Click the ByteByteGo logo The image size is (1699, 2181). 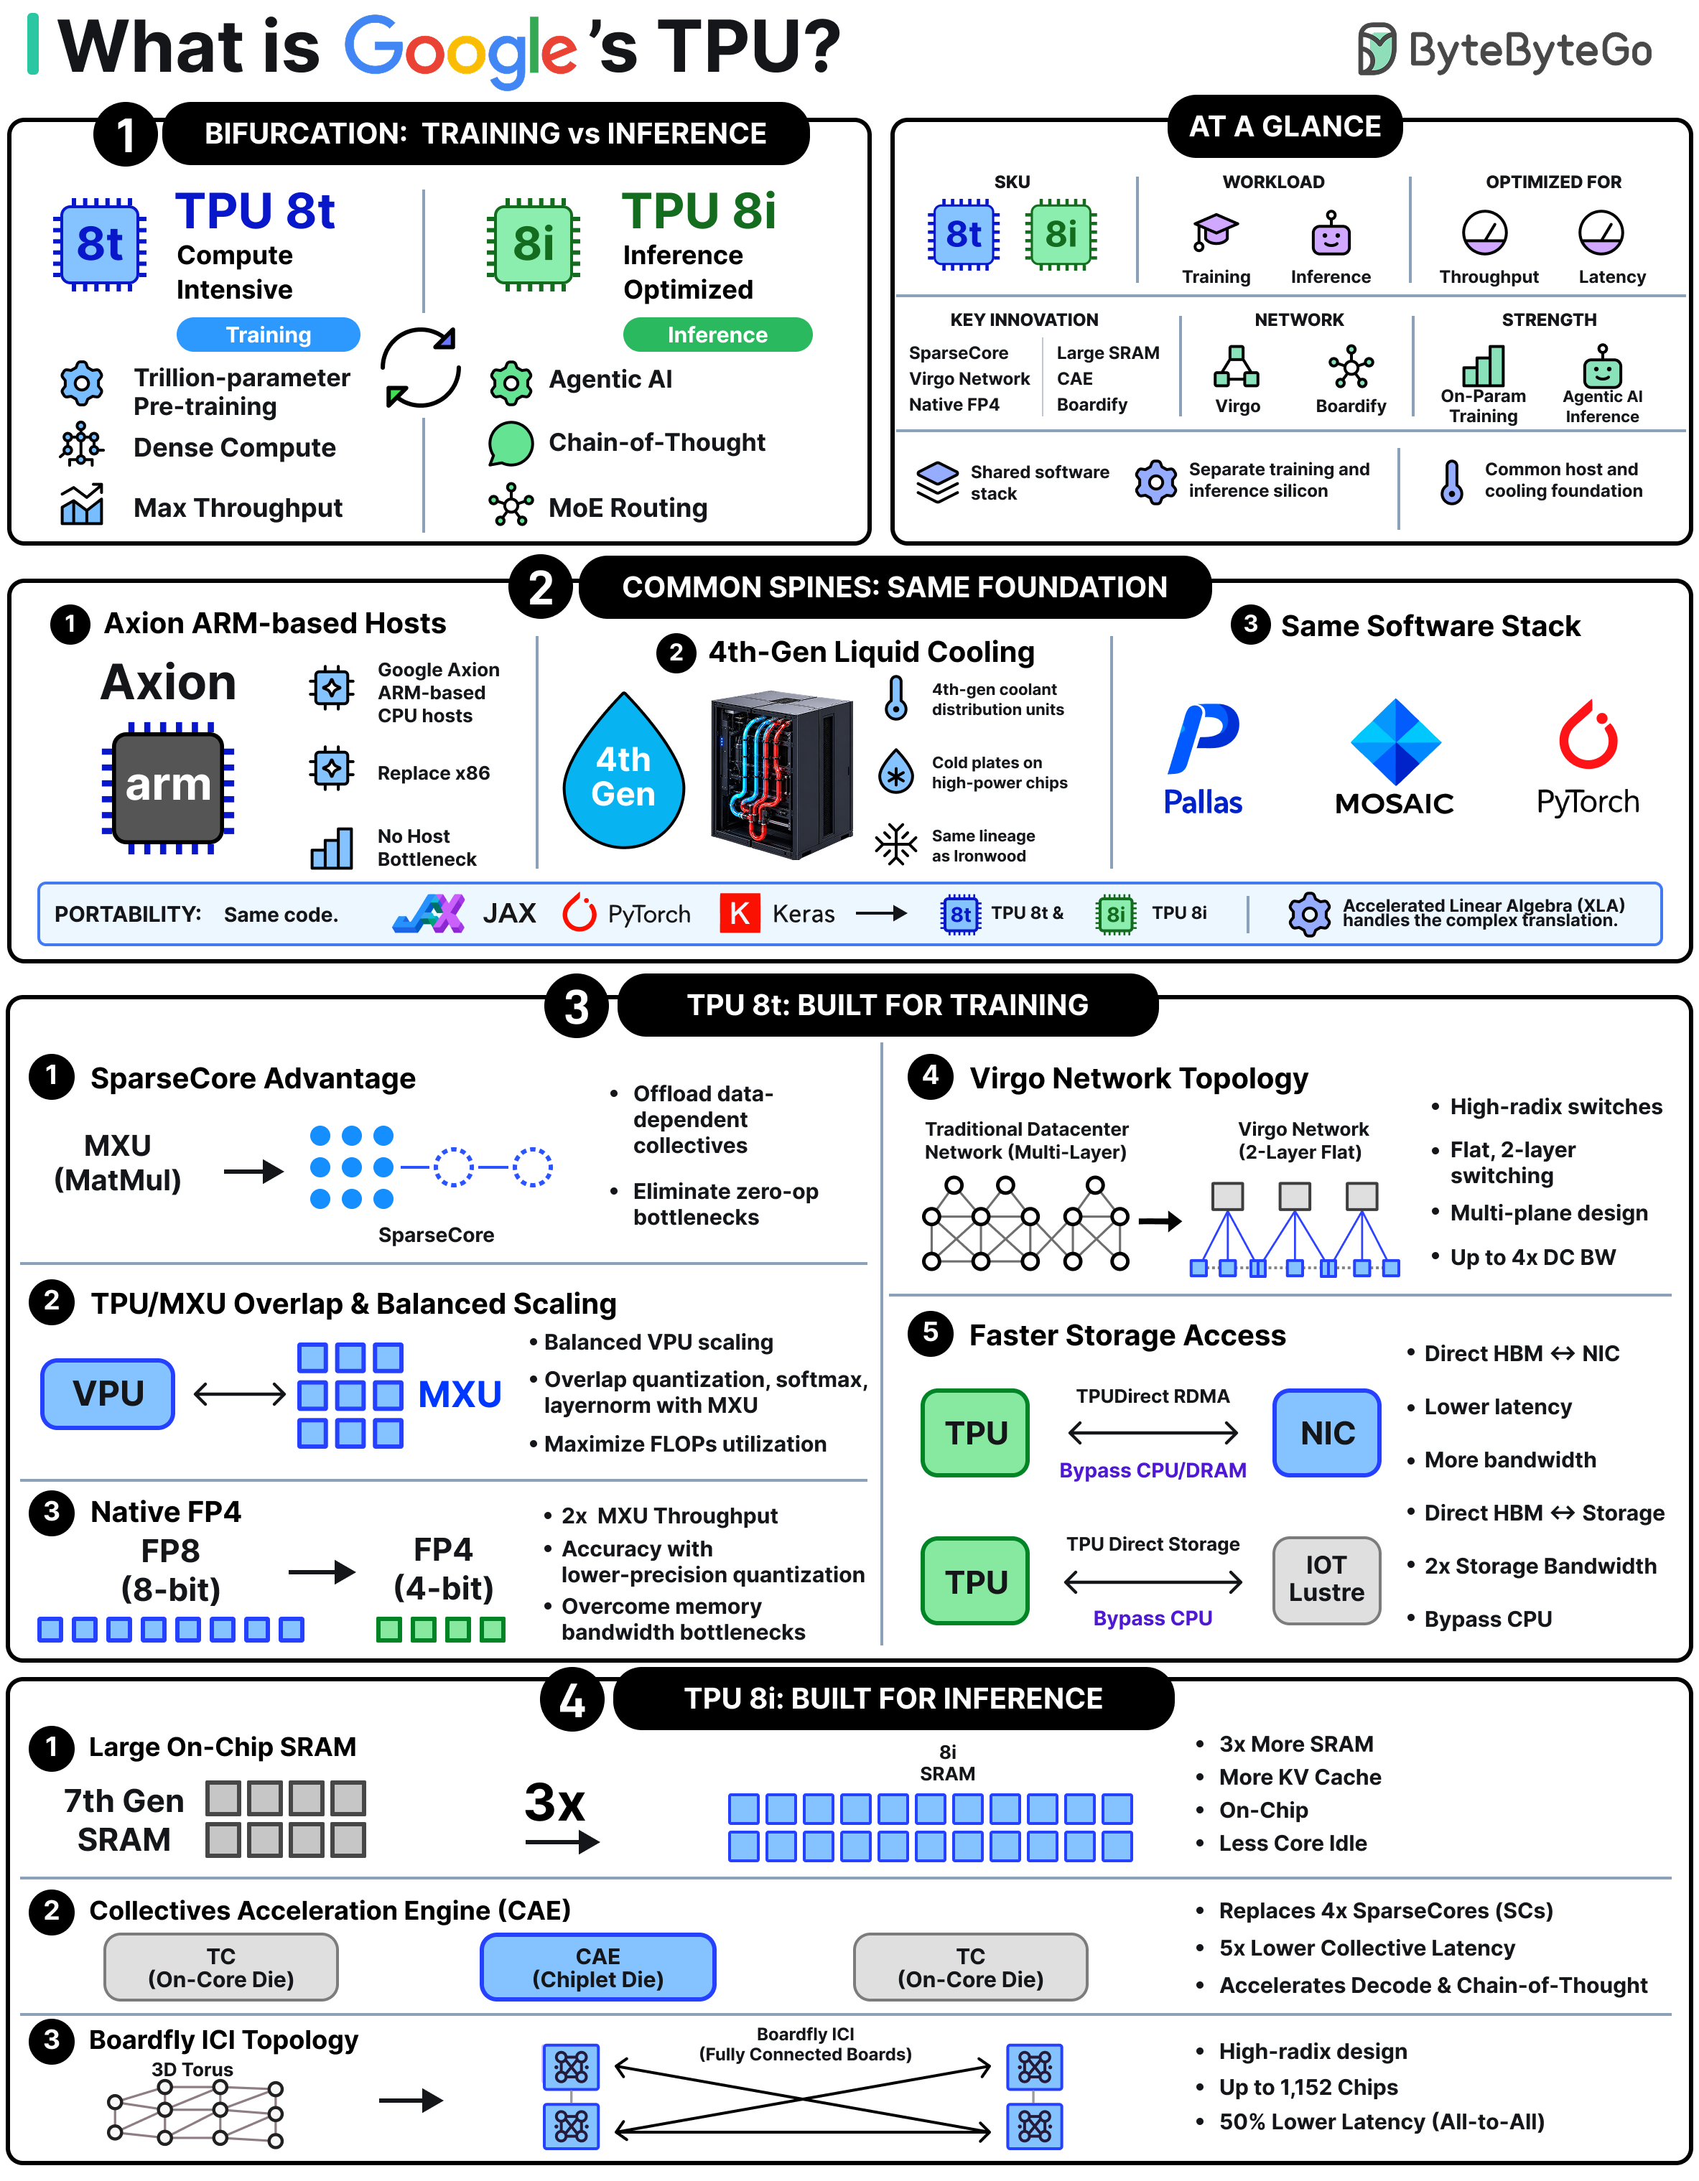[1503, 50]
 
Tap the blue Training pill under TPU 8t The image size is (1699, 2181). [268, 335]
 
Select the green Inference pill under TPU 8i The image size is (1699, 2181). [717, 335]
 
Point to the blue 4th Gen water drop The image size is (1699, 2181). [623, 771]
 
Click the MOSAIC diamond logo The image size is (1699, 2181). [1395, 741]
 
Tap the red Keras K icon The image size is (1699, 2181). [739, 912]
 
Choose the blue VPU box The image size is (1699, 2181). [108, 1393]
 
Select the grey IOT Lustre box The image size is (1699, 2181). [1326, 1580]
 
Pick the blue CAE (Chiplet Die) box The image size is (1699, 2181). [597, 1967]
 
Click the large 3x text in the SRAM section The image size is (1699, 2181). [554, 1803]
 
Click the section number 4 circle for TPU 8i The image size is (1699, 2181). [572, 1700]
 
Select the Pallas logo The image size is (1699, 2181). [1204, 759]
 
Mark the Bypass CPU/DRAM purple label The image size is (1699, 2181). [1153, 1470]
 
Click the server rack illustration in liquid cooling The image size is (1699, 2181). [782, 774]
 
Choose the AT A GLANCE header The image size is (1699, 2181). [1285, 127]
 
